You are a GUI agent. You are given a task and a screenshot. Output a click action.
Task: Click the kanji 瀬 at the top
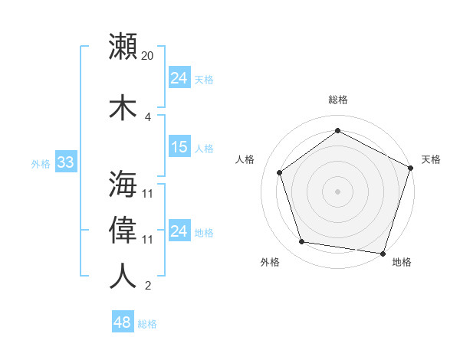(x=123, y=47)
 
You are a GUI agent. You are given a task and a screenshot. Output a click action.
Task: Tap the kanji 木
(x=123, y=107)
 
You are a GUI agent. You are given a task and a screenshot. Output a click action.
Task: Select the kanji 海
(x=123, y=184)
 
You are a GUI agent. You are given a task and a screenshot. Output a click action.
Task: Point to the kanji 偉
(x=123, y=230)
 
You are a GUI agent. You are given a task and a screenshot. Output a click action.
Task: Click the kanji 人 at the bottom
(x=123, y=276)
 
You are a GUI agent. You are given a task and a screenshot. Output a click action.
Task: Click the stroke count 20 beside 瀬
(x=148, y=56)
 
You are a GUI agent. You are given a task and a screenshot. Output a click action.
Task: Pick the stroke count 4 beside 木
(x=148, y=116)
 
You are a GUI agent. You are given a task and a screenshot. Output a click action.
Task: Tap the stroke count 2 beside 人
(x=148, y=286)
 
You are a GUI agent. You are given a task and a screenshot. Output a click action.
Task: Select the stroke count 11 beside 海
(x=148, y=193)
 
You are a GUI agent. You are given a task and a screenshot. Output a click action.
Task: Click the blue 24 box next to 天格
(x=179, y=78)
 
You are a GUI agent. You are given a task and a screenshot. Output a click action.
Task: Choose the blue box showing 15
(x=179, y=147)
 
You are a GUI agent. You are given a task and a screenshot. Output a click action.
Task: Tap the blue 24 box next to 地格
(x=179, y=231)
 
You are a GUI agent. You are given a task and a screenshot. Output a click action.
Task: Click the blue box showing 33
(x=65, y=162)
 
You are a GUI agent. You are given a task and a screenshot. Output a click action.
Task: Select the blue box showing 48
(x=123, y=322)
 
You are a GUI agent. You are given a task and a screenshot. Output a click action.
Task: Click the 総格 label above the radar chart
(x=338, y=100)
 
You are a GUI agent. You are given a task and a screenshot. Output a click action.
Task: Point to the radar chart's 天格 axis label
(x=431, y=159)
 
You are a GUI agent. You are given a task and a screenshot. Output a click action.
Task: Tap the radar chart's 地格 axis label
(x=402, y=263)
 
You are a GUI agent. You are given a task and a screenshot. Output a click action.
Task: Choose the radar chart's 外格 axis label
(x=270, y=263)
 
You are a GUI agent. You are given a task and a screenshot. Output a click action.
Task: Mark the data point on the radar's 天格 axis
(x=411, y=168)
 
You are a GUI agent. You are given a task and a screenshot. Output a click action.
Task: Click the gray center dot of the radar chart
(x=337, y=191)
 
